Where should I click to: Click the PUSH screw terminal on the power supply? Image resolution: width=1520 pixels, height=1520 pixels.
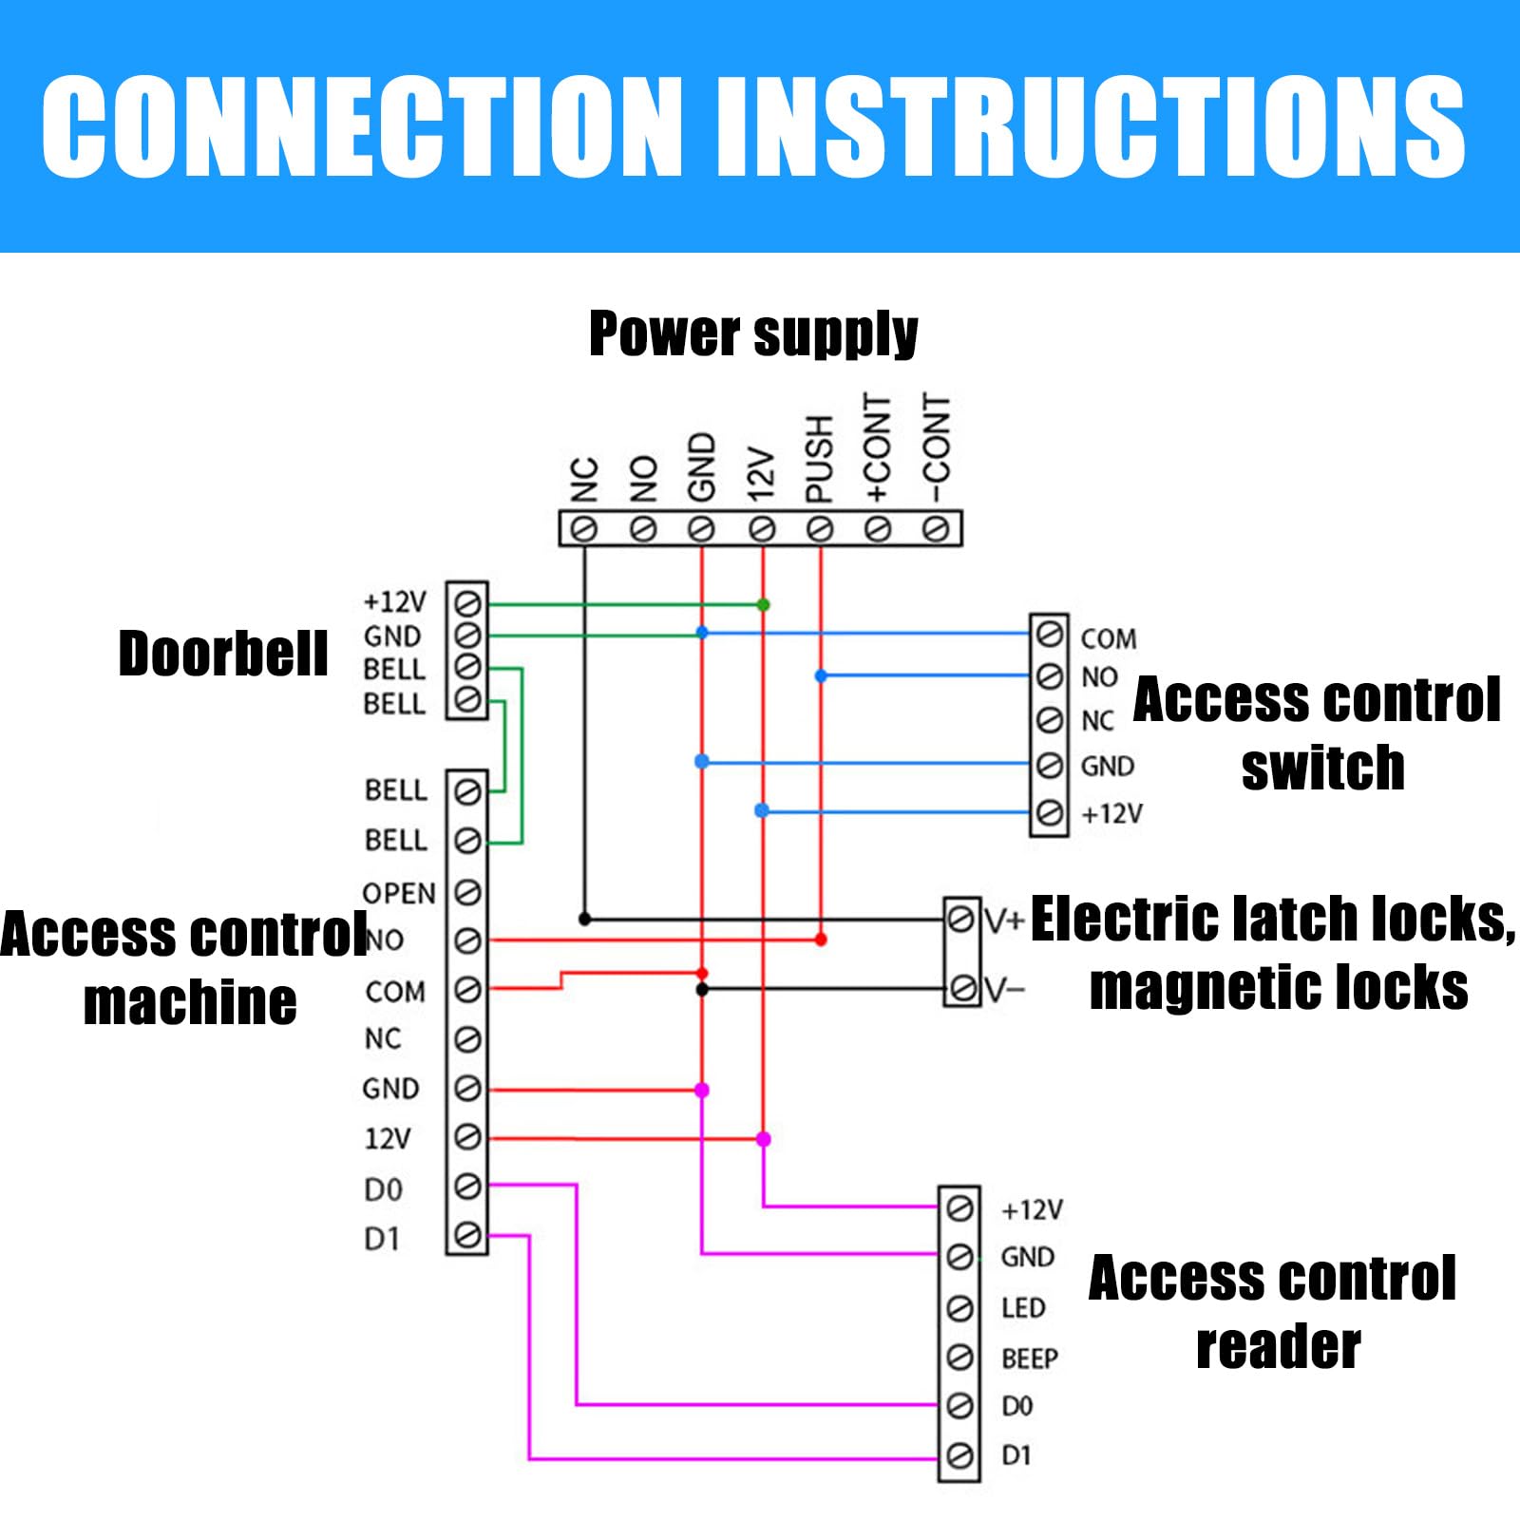[x=820, y=528]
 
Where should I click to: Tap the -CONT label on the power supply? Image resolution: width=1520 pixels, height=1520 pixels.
[x=937, y=447]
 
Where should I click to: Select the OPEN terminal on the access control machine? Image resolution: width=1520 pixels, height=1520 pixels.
[x=467, y=892]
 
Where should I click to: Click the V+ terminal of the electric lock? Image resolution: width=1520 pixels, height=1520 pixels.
[x=960, y=919]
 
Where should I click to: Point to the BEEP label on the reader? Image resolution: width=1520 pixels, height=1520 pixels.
[x=1030, y=1358]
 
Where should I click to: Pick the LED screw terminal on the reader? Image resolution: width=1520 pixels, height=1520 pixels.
[x=959, y=1308]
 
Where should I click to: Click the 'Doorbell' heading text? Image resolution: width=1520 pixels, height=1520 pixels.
[x=223, y=654]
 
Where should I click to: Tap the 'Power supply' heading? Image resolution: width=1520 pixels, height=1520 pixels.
[x=753, y=333]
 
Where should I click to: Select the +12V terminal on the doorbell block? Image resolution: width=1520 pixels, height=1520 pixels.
[x=467, y=603]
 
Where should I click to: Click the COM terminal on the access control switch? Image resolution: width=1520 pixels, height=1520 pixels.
[x=1049, y=633]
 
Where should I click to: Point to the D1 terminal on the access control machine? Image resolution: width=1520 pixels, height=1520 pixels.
[x=467, y=1235]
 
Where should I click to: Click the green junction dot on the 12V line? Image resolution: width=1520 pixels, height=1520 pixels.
[x=763, y=604]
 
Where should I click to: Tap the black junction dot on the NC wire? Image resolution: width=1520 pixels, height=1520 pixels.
[x=584, y=919]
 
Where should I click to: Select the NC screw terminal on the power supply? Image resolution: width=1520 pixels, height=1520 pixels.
[x=584, y=528]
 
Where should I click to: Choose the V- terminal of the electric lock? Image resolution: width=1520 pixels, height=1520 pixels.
[x=960, y=989]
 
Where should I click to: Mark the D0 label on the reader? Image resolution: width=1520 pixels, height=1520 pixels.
[x=1016, y=1406]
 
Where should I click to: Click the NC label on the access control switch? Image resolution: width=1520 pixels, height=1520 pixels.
[x=1097, y=721]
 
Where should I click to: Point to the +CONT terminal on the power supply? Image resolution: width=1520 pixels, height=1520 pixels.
[x=878, y=528]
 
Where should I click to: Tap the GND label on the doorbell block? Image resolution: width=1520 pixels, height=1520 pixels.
[x=391, y=636]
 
